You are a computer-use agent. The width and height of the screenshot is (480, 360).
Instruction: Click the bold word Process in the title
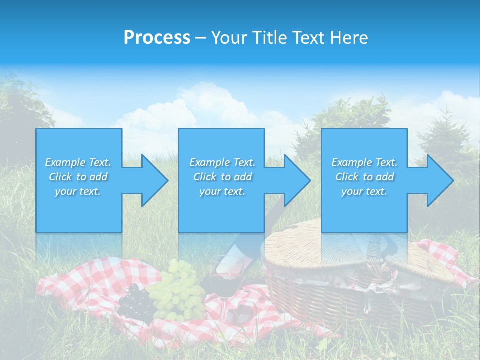(x=157, y=38)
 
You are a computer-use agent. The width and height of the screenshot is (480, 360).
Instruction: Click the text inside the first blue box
(x=78, y=177)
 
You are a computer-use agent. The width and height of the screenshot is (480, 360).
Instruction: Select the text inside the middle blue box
(x=222, y=177)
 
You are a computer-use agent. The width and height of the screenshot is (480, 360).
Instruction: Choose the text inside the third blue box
(x=364, y=177)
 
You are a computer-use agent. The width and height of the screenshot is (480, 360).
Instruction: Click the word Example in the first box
(x=65, y=162)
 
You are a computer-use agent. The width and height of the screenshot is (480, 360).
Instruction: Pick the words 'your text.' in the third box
(x=364, y=191)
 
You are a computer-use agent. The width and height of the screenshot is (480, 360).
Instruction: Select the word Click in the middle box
(x=204, y=177)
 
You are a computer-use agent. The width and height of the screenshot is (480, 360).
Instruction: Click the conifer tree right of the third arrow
(x=447, y=140)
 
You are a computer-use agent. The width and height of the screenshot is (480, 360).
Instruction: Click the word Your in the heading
(x=227, y=38)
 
